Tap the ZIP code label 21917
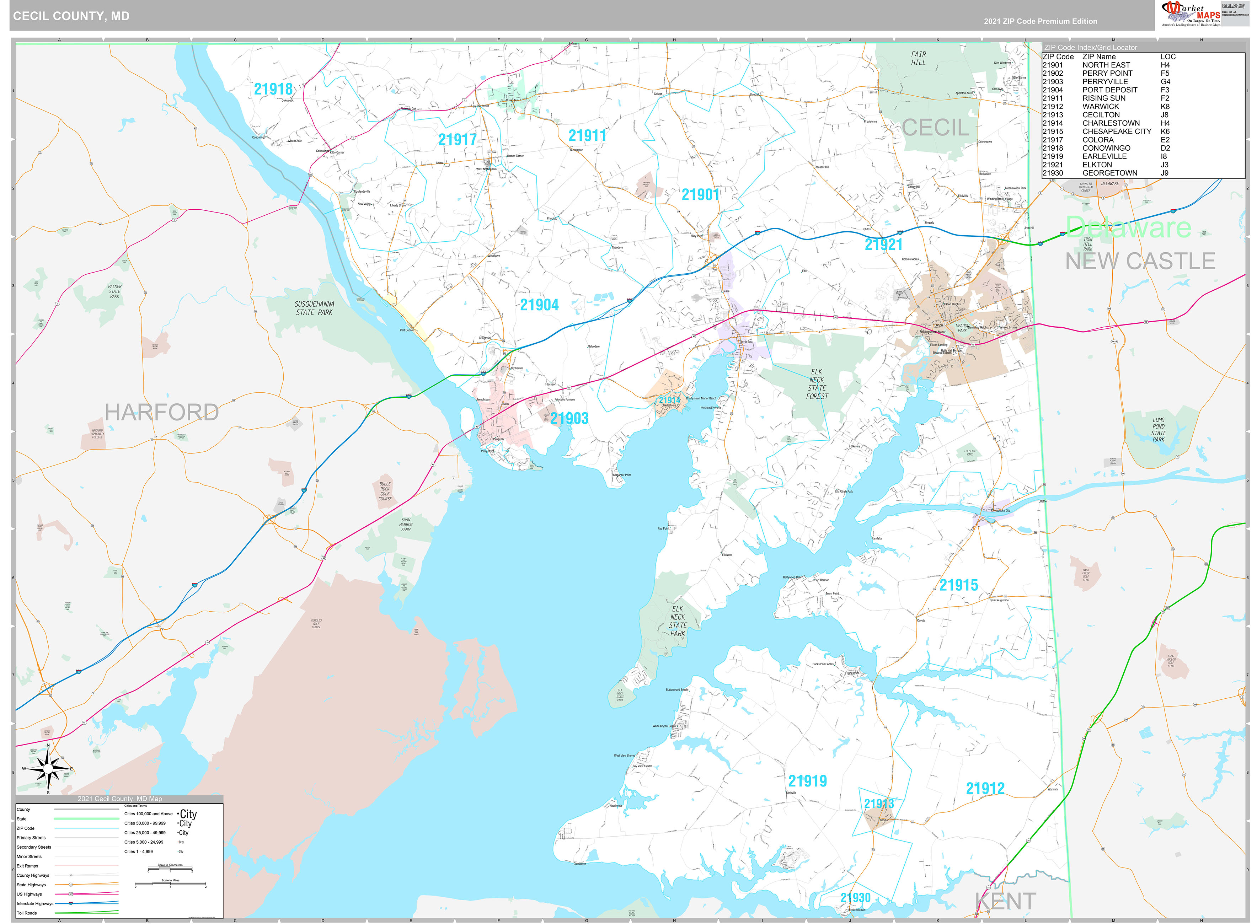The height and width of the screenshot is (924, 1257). pyautogui.click(x=457, y=139)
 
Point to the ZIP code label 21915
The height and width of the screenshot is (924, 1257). pyautogui.click(x=958, y=585)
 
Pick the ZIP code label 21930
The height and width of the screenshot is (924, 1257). pyautogui.click(x=855, y=897)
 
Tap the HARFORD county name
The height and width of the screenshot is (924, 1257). pyautogui.click(x=162, y=412)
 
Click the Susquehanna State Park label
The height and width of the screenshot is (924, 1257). pyautogui.click(x=314, y=308)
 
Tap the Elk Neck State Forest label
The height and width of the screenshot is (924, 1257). pyautogui.click(x=817, y=384)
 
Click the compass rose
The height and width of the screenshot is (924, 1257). pyautogui.click(x=48, y=769)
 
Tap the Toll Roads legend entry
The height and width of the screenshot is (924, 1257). pyautogui.click(x=27, y=913)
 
